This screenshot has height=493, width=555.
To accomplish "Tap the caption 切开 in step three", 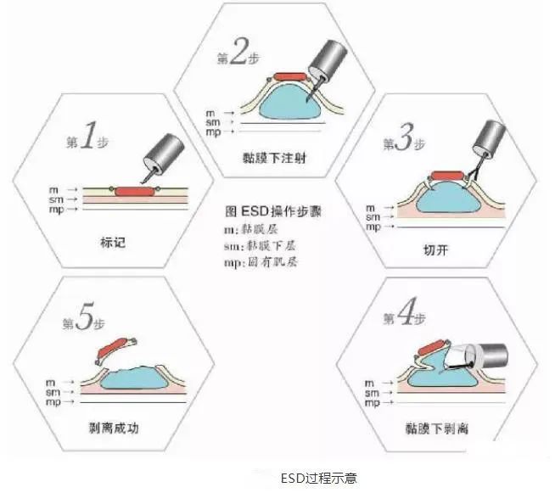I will click(434, 250).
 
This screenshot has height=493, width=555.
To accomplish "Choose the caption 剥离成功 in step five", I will click(113, 427).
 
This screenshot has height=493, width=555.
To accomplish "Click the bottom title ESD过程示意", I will click(318, 478).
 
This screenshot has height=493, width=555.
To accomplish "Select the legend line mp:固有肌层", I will click(260, 263).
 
